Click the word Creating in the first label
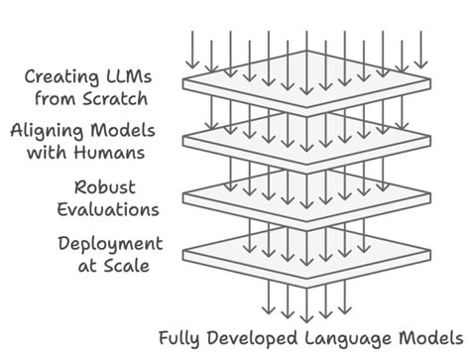point(60,76)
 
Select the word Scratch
point(117,98)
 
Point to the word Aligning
point(47,130)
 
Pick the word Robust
point(104,186)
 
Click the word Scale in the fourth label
point(128,266)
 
